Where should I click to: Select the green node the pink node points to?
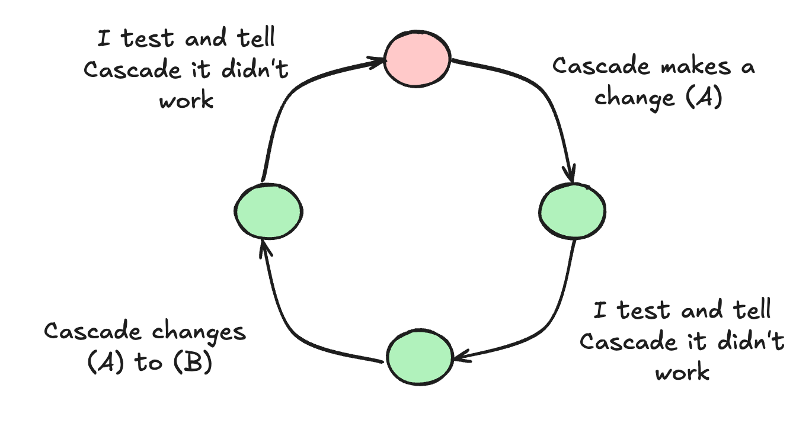click(x=573, y=211)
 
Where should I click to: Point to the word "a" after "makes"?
click(x=748, y=66)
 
